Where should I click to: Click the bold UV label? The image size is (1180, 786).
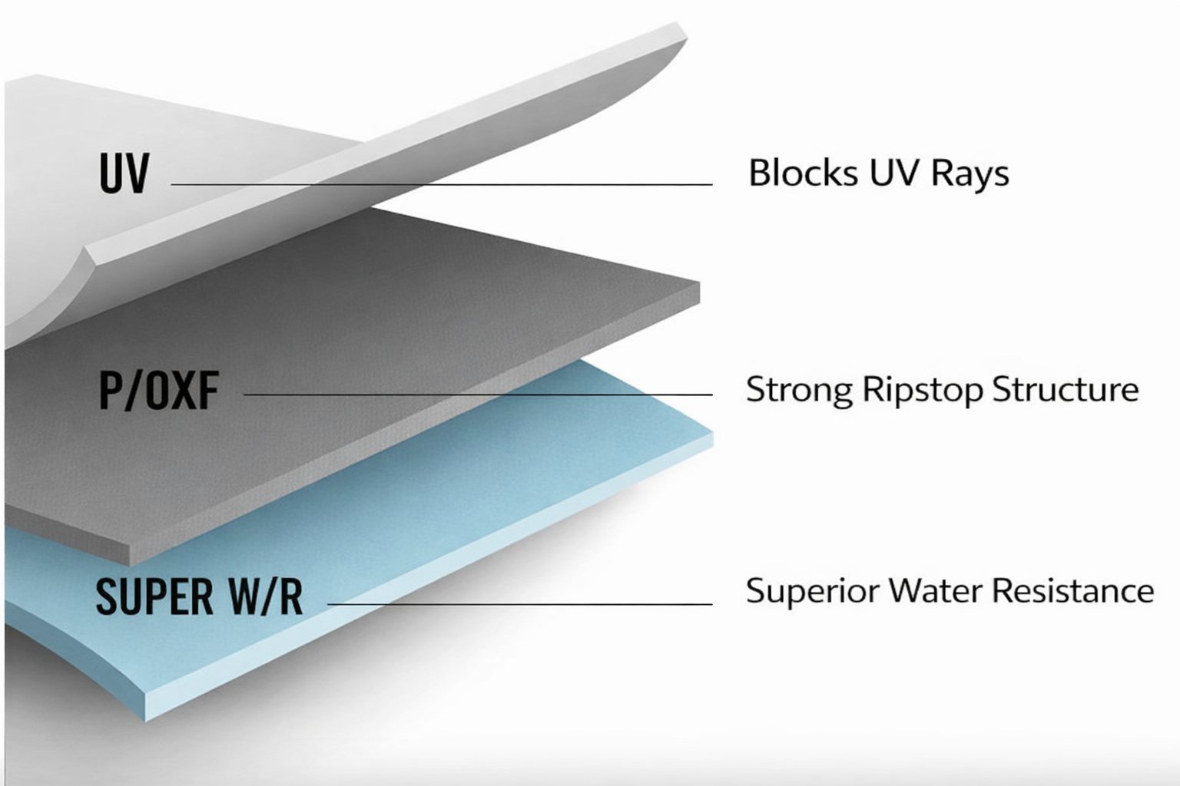[x=124, y=173]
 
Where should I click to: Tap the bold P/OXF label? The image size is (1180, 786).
[x=159, y=390]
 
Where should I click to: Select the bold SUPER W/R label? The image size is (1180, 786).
[x=199, y=596]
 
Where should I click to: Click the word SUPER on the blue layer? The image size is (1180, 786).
[x=154, y=596]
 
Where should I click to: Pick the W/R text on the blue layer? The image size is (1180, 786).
[x=265, y=596]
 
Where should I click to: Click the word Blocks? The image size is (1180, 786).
[x=804, y=173]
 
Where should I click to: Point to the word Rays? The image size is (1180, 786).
[x=970, y=174]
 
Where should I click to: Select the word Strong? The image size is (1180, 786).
[x=799, y=390]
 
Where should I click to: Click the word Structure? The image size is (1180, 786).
[x=1065, y=389]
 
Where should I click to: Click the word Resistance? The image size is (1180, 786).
[x=1072, y=590]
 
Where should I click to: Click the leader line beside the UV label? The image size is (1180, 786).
[x=441, y=184]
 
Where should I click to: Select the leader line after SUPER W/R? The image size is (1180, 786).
[x=519, y=604]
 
